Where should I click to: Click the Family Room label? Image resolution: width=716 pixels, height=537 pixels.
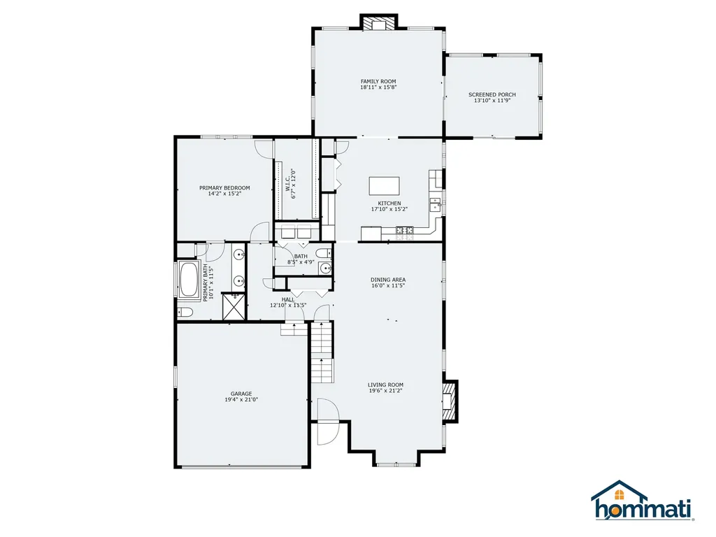click(x=378, y=81)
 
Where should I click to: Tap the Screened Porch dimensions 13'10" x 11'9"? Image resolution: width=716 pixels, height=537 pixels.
click(x=492, y=101)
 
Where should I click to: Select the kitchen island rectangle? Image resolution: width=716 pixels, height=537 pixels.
click(x=384, y=186)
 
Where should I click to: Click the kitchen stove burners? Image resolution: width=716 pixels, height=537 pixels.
click(x=405, y=234)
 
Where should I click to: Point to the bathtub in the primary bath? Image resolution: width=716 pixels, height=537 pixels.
click(x=189, y=280)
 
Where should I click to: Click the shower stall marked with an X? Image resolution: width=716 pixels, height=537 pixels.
click(x=234, y=306)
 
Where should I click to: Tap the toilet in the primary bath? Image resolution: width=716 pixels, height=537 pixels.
click(x=185, y=313)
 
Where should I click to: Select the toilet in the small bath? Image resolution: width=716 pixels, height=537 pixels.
click(x=324, y=253)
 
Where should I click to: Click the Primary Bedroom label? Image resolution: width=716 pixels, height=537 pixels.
click(x=224, y=187)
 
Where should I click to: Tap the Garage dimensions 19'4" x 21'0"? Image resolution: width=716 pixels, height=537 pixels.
click(x=241, y=399)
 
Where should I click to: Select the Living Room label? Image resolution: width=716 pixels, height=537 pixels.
click(x=386, y=385)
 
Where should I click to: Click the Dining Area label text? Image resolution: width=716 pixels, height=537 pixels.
click(x=388, y=280)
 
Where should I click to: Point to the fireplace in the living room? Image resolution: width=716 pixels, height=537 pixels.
click(x=450, y=401)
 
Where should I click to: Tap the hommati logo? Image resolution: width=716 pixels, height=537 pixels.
click(x=643, y=501)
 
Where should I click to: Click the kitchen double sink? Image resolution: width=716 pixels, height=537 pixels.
click(x=436, y=205)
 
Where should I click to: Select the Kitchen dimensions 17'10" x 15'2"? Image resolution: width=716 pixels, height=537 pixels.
click(x=389, y=209)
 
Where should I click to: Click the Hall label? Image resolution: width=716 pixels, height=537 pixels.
click(x=288, y=299)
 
